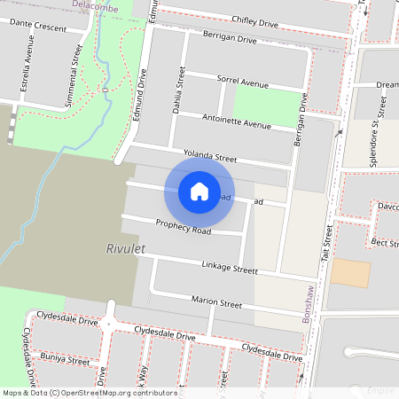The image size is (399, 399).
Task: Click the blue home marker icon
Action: point(199,191)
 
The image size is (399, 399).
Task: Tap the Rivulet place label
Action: point(125,249)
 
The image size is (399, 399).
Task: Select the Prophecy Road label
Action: point(183,227)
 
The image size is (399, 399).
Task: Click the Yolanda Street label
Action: point(210,157)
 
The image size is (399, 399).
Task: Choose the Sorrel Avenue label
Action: point(242,82)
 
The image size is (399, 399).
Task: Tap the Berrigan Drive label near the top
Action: point(228,40)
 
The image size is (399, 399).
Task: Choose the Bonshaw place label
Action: point(309,304)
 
